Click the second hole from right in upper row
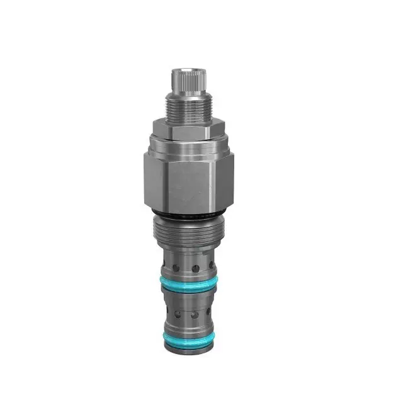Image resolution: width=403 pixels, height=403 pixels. (196, 268)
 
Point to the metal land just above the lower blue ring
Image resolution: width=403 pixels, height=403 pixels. (187, 328)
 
